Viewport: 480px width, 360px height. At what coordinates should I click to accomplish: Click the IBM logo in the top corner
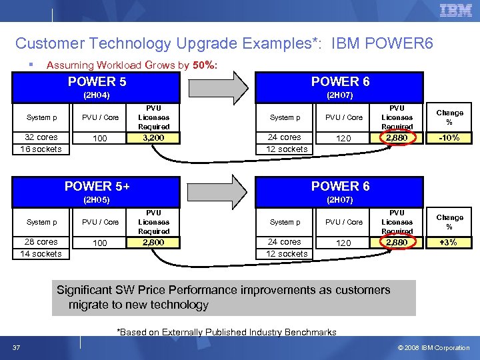pos(456,11)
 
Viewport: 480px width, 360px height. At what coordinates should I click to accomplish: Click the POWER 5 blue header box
pos(97,87)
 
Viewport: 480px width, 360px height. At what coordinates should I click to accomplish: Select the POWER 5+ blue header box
pos(97,192)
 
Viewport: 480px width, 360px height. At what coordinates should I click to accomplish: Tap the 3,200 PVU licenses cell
pos(153,138)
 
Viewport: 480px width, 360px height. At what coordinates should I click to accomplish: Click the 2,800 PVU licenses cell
pos(153,243)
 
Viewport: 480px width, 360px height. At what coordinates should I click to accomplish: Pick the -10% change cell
pos(449,138)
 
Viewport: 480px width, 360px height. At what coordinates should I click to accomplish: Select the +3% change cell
pos(449,243)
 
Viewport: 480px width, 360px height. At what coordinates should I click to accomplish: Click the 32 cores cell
pos(41,137)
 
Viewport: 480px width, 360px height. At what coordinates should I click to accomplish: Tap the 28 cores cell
pos(41,242)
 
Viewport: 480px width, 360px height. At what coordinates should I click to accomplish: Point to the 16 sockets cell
pos(41,149)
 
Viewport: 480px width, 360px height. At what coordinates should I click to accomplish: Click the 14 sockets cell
pos(41,253)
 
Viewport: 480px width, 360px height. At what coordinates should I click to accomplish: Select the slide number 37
pos(15,347)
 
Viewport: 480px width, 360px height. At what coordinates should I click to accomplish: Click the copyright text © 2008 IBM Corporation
pos(434,347)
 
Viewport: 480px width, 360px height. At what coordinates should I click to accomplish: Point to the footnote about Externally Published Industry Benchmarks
pos(227,332)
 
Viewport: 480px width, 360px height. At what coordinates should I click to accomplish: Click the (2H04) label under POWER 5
pos(97,95)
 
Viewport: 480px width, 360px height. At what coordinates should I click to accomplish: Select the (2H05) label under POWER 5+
pos(97,199)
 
